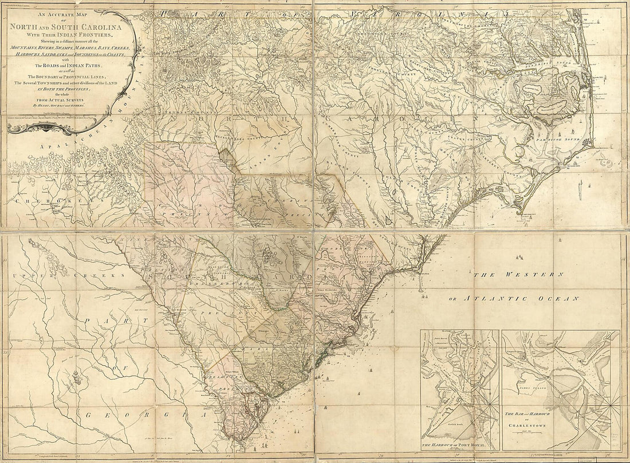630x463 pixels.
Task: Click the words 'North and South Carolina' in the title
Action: (x=71, y=25)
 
